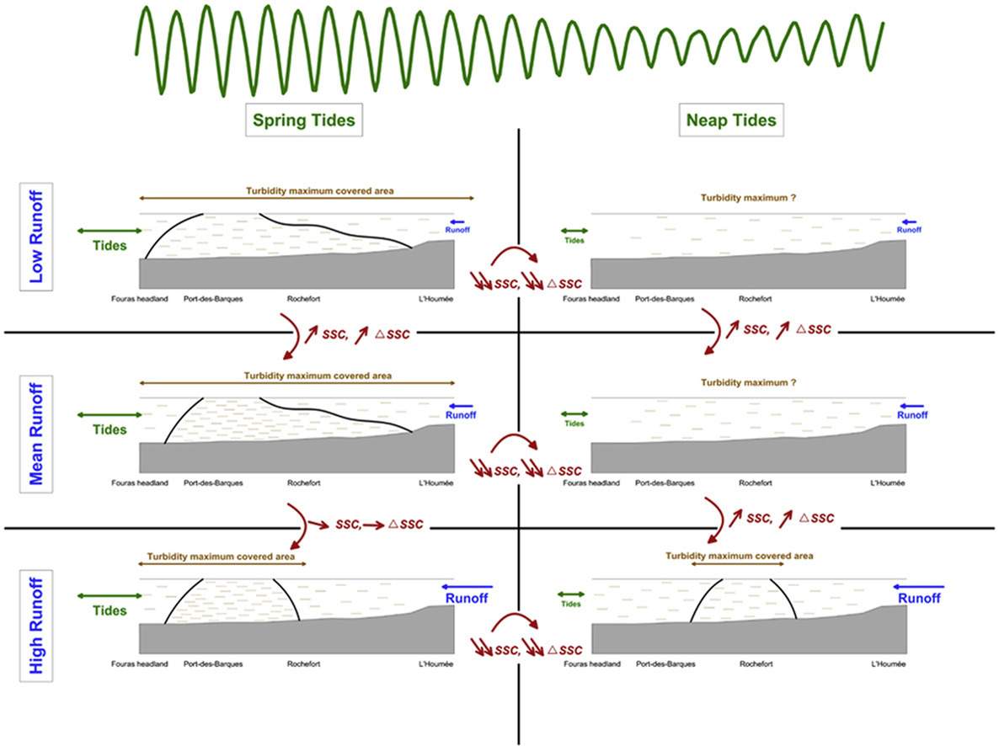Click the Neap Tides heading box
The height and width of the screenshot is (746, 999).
click(728, 121)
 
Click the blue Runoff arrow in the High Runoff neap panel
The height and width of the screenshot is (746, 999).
click(918, 586)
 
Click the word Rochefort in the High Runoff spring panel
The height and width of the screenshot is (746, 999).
click(301, 663)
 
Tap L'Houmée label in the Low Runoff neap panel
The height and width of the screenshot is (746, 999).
click(888, 298)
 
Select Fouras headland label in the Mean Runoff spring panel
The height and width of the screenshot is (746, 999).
click(140, 483)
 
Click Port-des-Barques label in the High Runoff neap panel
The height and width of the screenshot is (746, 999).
click(665, 663)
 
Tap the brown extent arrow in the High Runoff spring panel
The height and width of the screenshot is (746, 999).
click(221, 565)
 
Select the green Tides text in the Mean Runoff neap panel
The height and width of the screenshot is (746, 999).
click(574, 424)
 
